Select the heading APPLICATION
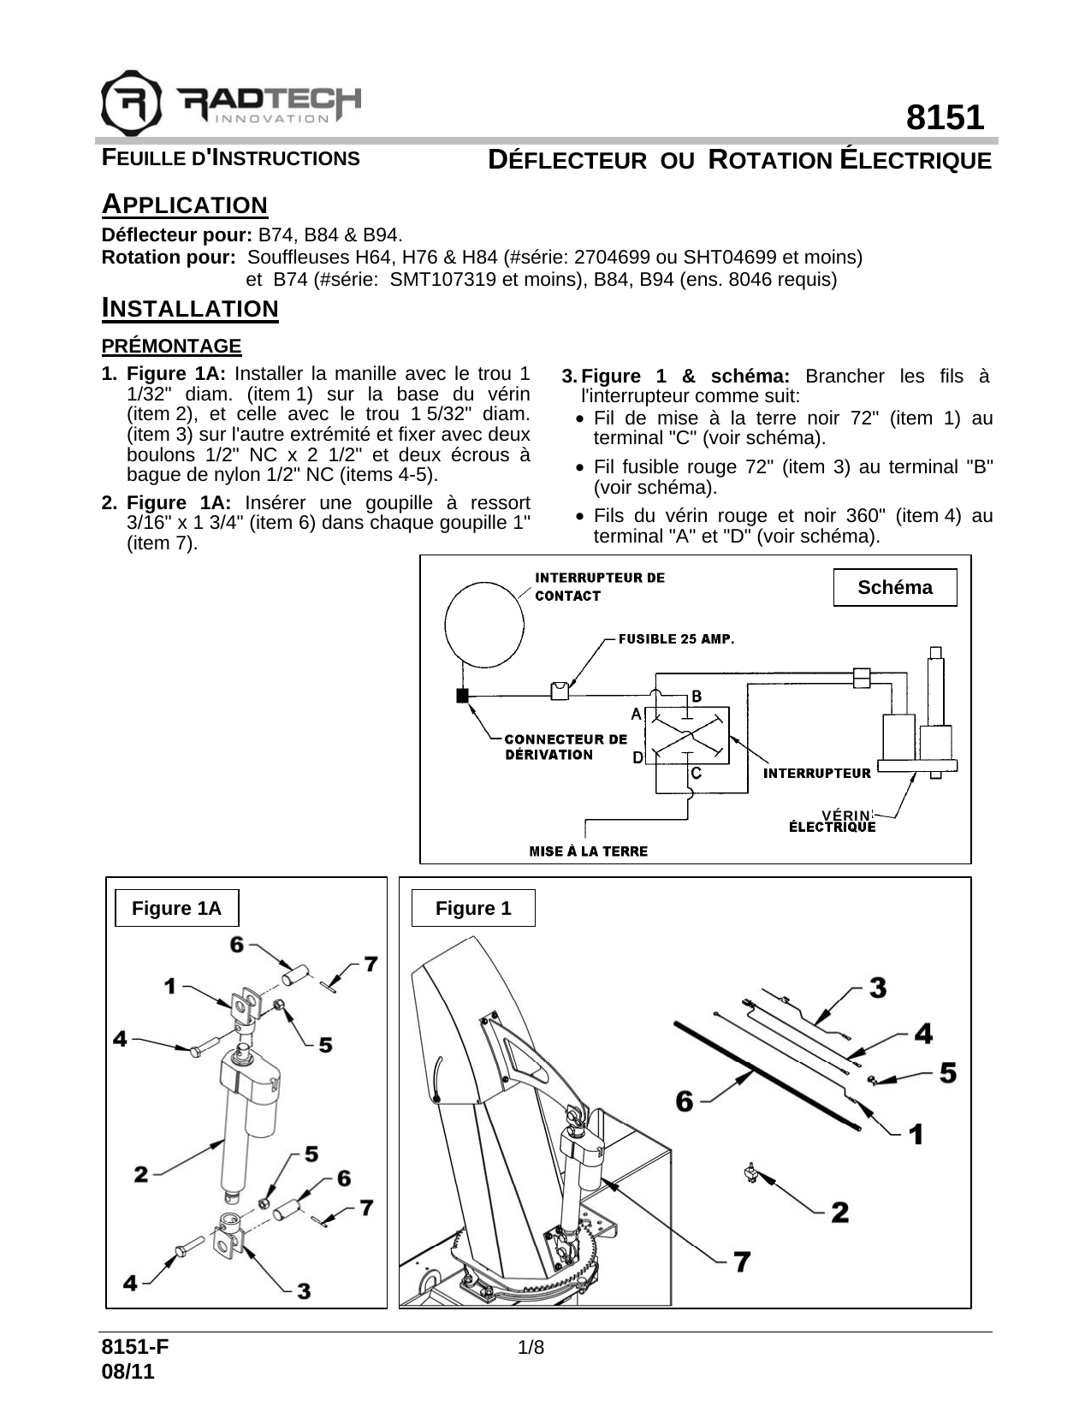tap(184, 205)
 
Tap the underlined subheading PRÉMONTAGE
tap(171, 347)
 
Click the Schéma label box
tap(894, 588)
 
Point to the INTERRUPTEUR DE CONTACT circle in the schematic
tap(484, 625)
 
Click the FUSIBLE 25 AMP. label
tap(676, 639)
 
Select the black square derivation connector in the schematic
tap(462, 695)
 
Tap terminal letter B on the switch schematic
tap(697, 697)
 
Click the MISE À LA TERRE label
tap(589, 851)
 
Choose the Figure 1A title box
tap(176, 908)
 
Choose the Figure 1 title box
tap(473, 908)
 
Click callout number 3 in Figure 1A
tap(304, 1290)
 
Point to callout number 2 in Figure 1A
tap(141, 1174)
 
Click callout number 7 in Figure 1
tap(741, 1261)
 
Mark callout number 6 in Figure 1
tap(685, 1101)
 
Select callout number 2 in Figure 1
tap(839, 1212)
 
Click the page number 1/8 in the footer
tap(531, 1348)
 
